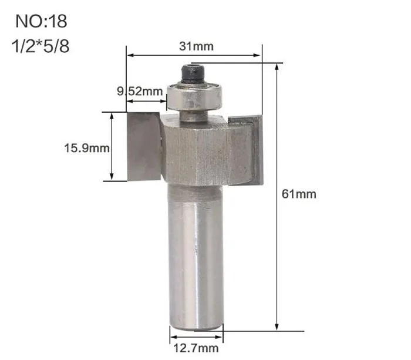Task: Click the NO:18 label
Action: (41, 21)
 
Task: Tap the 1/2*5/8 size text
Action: (41, 46)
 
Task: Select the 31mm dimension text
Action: (196, 46)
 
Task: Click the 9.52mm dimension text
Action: (140, 92)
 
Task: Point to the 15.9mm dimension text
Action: (87, 148)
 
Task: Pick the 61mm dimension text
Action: (299, 194)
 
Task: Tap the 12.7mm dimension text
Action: (196, 348)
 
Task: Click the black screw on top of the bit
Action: (193, 74)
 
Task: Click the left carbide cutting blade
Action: (144, 146)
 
